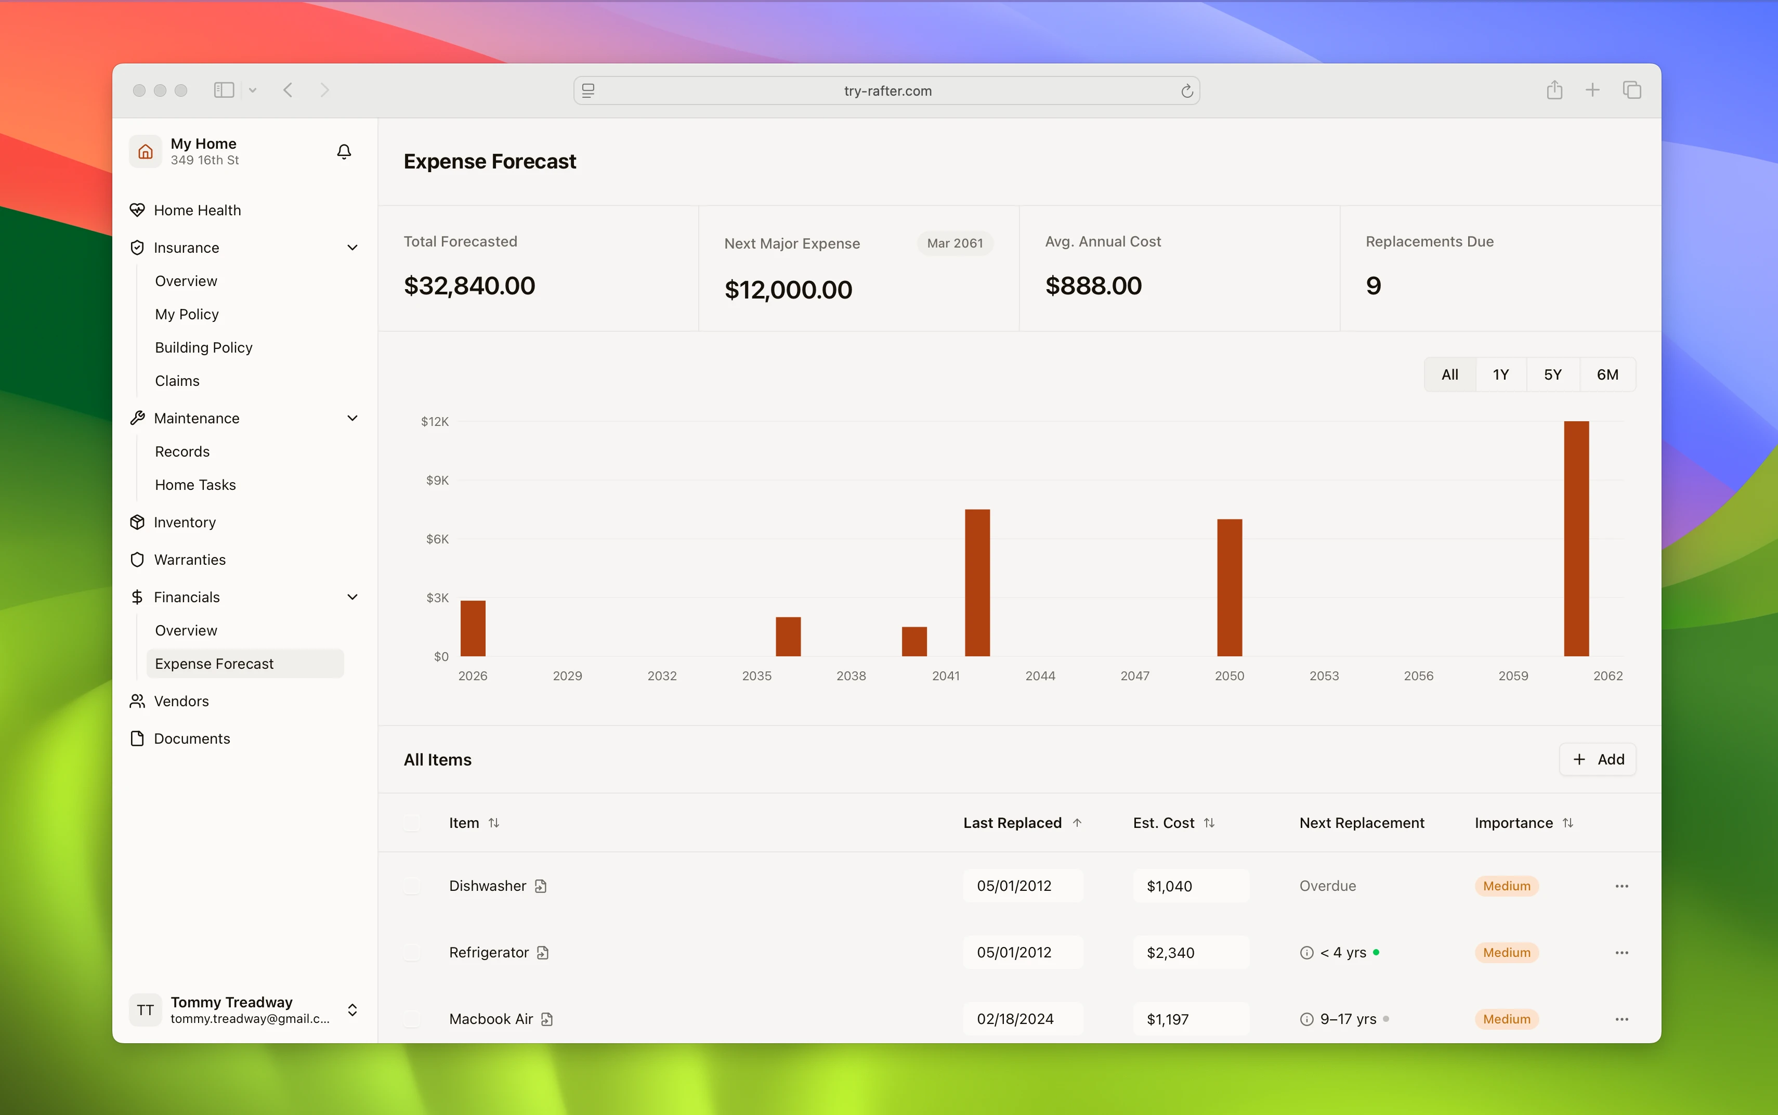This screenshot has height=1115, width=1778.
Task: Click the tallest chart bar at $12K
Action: click(x=1576, y=538)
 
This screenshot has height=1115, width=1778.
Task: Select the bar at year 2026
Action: click(x=473, y=628)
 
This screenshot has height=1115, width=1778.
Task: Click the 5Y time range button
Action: click(x=1552, y=374)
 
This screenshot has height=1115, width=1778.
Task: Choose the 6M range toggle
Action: click(x=1607, y=374)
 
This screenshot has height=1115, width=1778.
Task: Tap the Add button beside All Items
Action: click(x=1598, y=760)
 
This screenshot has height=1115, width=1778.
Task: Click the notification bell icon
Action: click(x=344, y=152)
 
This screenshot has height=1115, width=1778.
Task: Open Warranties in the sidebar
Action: click(x=189, y=560)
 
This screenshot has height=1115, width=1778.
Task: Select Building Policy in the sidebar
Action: click(x=203, y=347)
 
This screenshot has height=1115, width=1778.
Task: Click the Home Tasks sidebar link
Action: click(x=195, y=485)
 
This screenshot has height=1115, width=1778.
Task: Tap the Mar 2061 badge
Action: click(x=955, y=243)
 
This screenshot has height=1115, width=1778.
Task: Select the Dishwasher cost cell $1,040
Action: click(x=1191, y=886)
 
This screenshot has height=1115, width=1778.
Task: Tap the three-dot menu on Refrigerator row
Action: click(x=1622, y=953)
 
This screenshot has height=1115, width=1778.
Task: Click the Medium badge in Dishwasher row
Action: click(x=1506, y=886)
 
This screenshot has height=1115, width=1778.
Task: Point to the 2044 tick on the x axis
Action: click(x=1040, y=676)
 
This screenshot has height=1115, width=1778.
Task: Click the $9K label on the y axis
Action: click(x=437, y=480)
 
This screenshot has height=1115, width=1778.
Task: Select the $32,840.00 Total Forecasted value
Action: click(x=469, y=286)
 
